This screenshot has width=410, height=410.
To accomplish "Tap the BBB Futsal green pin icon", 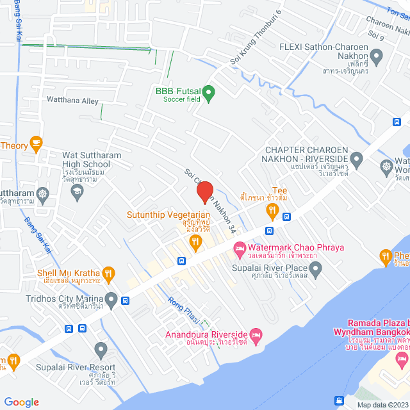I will pyautogui.click(x=208, y=94).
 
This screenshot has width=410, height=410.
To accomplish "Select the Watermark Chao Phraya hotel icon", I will pyautogui.click(x=238, y=247).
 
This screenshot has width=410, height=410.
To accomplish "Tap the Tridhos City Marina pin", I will pyautogui.click(x=111, y=299).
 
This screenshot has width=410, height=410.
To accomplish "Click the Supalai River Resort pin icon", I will pyautogui.click(x=100, y=350).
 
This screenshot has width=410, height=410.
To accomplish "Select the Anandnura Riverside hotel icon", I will pyautogui.click(x=256, y=334).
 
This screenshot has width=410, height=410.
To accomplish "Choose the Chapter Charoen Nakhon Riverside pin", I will pyautogui.click(x=356, y=158).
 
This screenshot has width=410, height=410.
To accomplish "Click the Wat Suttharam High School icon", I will pyautogui.click(x=77, y=192).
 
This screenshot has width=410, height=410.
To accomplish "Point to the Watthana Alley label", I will pyautogui.click(x=72, y=101).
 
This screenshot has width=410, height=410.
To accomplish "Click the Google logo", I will pyautogui.click(x=21, y=402).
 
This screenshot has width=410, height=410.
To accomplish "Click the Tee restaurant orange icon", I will pyautogui.click(x=272, y=209).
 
